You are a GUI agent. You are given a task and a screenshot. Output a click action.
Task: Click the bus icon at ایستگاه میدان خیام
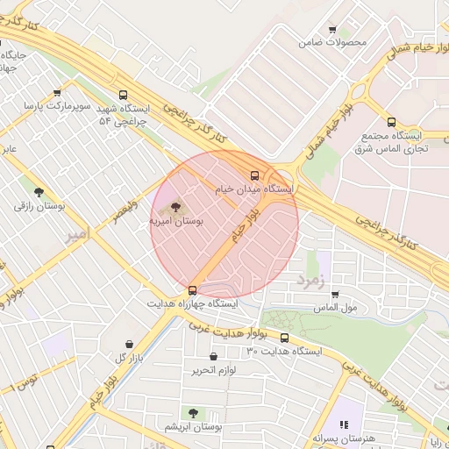(255, 175)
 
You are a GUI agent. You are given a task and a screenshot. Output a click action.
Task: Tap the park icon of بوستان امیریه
(177, 207)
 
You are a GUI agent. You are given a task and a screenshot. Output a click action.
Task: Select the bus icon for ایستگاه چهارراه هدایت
(192, 290)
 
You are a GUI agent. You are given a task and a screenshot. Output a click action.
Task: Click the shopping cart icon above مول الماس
(335, 295)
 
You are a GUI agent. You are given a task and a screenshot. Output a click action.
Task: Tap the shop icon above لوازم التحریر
(214, 356)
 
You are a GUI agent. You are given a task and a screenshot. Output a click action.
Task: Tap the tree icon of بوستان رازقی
(38, 191)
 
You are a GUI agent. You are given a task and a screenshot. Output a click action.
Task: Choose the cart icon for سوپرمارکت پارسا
(57, 92)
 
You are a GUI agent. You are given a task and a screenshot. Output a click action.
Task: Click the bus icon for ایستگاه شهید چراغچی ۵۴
(122, 96)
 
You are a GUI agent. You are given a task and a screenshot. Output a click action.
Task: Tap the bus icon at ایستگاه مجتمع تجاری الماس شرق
(391, 123)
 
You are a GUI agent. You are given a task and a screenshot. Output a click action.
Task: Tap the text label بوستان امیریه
(175, 223)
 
